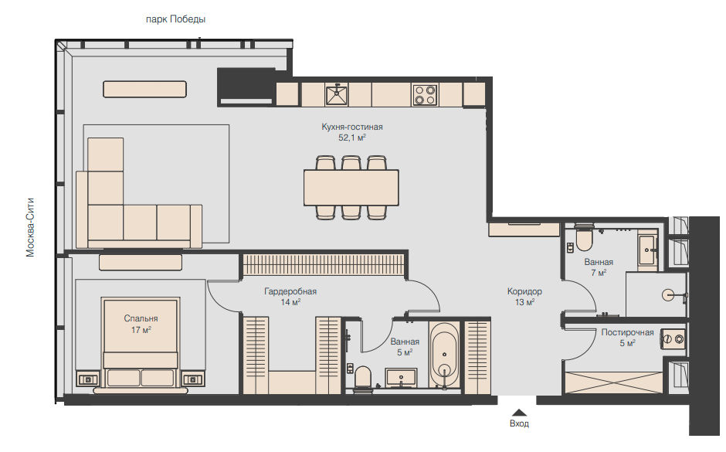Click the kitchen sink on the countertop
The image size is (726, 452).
click(x=337, y=94)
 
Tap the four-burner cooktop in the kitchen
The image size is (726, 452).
click(x=425, y=95)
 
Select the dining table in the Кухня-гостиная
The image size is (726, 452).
click(x=351, y=188)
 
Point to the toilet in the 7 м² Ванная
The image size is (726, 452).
click(x=584, y=239)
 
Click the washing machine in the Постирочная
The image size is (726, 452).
click(x=673, y=339)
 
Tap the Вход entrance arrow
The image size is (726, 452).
click(x=519, y=412)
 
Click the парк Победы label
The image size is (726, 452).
click(x=175, y=19)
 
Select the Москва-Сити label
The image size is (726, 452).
click(x=30, y=227)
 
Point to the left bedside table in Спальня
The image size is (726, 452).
click(x=87, y=379)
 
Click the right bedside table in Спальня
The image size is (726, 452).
click(x=192, y=379)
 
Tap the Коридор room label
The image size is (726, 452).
click(x=524, y=291)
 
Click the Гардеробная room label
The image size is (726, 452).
click(x=290, y=291)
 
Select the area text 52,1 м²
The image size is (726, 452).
click(x=352, y=138)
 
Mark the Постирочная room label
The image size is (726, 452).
click(x=627, y=332)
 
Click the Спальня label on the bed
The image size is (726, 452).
click(x=141, y=318)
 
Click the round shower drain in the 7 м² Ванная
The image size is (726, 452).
click(x=669, y=295)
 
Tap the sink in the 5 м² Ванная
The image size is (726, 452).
click(x=401, y=377)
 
